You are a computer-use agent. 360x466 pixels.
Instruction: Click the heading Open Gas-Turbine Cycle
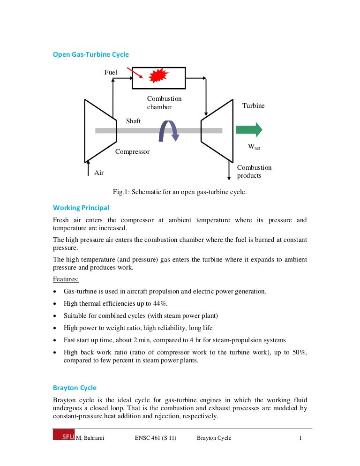coord(90,55)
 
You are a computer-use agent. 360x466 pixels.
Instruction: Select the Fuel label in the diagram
coord(111,72)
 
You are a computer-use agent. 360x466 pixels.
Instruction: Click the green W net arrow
coord(248,130)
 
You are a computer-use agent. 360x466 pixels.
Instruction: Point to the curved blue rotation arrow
coord(169,130)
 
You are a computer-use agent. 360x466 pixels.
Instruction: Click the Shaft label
coord(133,121)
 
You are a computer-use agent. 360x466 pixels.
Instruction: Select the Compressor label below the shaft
coord(132,152)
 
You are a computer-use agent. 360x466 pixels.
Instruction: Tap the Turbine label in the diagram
coord(253,106)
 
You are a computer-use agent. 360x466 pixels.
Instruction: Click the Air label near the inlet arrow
coord(99,173)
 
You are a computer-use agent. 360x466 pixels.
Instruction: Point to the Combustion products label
coord(254,172)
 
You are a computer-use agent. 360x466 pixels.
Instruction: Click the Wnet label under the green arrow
coord(254,147)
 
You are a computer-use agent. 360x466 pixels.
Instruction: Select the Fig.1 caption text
coord(180,192)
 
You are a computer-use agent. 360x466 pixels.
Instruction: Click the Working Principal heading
coord(81,208)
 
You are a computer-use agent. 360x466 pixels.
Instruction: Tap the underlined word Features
coord(66,279)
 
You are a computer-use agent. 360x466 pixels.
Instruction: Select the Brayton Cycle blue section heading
coord(75,388)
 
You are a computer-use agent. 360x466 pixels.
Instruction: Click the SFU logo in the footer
coord(63,437)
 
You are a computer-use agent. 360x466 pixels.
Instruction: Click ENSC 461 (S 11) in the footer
coord(155,438)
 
